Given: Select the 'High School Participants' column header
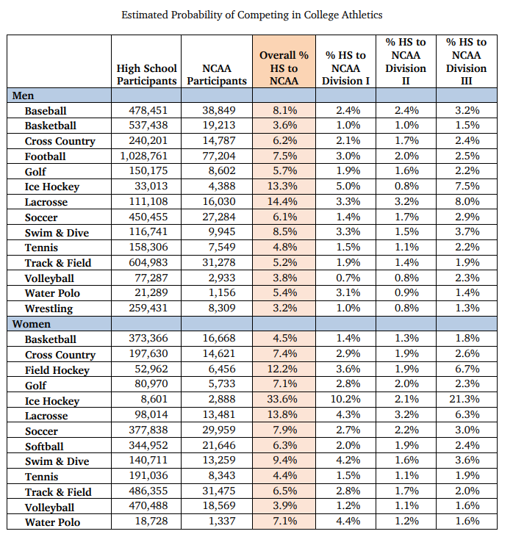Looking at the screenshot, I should coord(147,74).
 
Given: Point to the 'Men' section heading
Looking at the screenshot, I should coord(24,95).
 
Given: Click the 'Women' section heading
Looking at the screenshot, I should coord(32,324).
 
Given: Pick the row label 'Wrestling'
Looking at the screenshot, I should coord(49,309).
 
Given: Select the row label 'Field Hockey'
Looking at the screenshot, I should coord(57,370).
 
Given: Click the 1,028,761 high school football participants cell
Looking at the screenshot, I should coord(147,156).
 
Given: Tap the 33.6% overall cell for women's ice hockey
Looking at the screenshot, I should coord(284,400).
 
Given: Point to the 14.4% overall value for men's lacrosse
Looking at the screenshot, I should coord(284,202).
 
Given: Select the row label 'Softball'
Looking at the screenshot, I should coord(44,446).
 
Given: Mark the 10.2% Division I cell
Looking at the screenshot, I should coord(345,400).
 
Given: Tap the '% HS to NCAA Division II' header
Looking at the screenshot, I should coord(406,62).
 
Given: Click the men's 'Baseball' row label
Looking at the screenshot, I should coord(46,111).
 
